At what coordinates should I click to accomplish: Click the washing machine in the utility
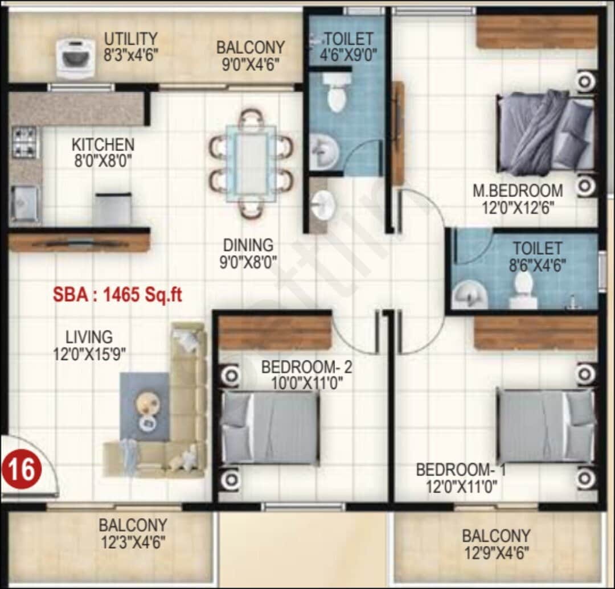(x=75, y=57)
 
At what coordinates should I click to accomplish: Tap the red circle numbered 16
(x=22, y=470)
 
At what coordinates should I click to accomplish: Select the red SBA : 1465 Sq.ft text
(x=117, y=295)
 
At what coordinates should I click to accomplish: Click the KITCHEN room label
(x=103, y=145)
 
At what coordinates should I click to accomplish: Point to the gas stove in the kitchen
(x=24, y=142)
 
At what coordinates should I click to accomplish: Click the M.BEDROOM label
(x=518, y=191)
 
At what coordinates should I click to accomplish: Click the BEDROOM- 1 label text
(x=461, y=471)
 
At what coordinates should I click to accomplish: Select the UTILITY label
(x=130, y=39)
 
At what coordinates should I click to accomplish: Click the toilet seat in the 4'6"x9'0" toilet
(x=337, y=97)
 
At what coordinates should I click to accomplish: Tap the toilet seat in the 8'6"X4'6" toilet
(x=523, y=289)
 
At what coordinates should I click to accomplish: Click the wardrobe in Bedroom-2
(x=275, y=332)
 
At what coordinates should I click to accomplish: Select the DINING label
(x=248, y=246)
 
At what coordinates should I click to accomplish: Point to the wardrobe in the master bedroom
(x=537, y=32)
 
